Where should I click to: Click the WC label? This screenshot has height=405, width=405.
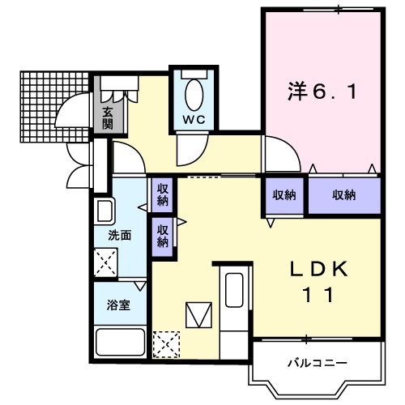pos(194,120)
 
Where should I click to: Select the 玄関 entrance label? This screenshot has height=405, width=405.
pos(108,118)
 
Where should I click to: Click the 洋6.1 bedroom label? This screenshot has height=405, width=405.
pos(322,92)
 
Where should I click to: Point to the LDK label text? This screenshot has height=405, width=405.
pos(318,269)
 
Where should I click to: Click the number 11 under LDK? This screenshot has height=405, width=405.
pos(318,295)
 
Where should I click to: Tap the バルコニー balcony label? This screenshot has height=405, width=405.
pos(317,363)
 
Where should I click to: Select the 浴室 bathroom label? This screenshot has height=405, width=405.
pos(118,305)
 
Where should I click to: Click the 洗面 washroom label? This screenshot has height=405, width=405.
pos(120,235)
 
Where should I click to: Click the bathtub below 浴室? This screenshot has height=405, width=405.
pos(121,342)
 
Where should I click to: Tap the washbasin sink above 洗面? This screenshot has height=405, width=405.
pos(104,211)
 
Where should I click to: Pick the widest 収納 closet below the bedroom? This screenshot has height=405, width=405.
pos(344,195)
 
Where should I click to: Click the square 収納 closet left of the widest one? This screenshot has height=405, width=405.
pos(284,195)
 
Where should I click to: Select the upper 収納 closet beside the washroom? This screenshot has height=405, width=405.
pos(162,194)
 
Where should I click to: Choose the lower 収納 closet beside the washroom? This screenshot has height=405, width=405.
pos(162,237)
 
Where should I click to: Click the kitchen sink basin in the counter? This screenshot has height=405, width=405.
pos(234,290)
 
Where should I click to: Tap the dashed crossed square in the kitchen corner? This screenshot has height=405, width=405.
pos(166,344)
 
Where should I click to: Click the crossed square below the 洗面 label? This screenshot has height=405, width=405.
pos(105,262)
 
